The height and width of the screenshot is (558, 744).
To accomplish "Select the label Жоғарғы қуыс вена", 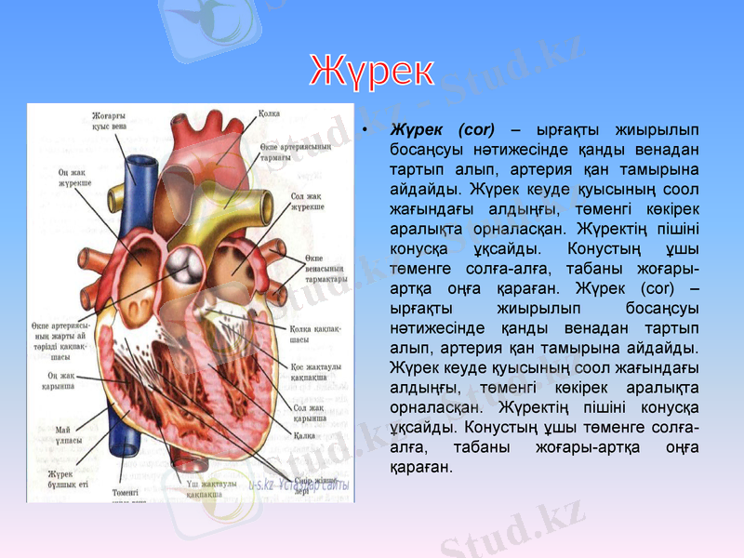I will click(x=109, y=121).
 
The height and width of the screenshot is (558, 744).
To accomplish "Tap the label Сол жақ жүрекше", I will click(x=306, y=202).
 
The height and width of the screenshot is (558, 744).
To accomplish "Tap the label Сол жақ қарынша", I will click(x=308, y=412).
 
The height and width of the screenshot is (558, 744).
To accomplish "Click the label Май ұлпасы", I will click(x=68, y=433).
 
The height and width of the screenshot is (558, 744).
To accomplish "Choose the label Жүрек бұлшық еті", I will click(x=67, y=479).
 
